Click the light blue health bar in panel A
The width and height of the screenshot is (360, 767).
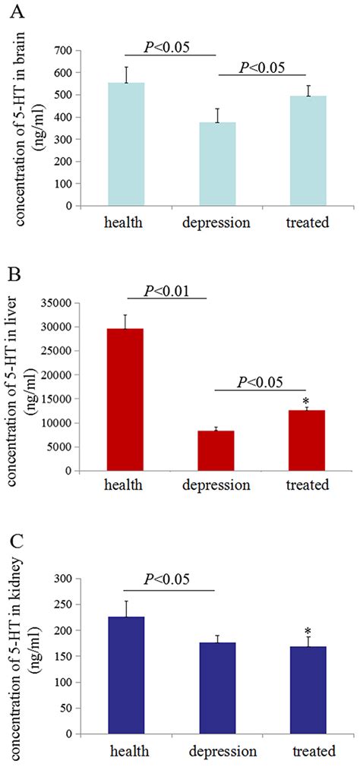pos(126,144)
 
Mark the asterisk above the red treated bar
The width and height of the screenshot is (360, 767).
pos(306,401)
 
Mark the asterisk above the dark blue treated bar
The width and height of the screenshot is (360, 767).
pos(306,632)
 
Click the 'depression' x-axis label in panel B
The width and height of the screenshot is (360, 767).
pos(216,485)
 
